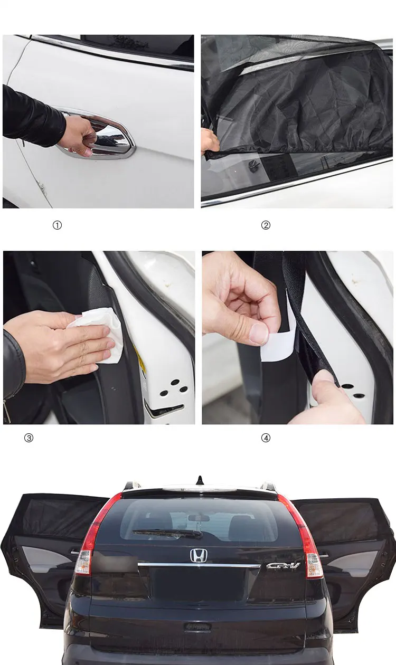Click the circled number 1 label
point(57,225)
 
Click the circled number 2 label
point(266,225)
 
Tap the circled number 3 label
point(29,438)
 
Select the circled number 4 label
point(266,438)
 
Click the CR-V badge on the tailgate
point(283,565)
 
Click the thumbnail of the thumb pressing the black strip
point(323,377)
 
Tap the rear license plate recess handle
point(197,626)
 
